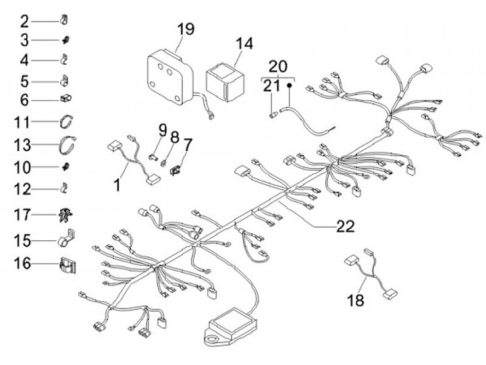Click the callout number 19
[186, 29]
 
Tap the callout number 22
[346, 227]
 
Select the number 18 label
[356, 300]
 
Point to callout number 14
[244, 44]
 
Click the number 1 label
[117, 186]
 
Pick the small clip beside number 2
[64, 20]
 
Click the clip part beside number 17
[65, 215]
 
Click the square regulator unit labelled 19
[170, 76]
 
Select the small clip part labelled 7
[175, 170]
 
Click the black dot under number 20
[289, 84]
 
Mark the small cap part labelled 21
[273, 115]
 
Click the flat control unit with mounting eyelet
[231, 326]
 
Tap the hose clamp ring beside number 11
[66, 121]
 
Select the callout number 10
[23, 167]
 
